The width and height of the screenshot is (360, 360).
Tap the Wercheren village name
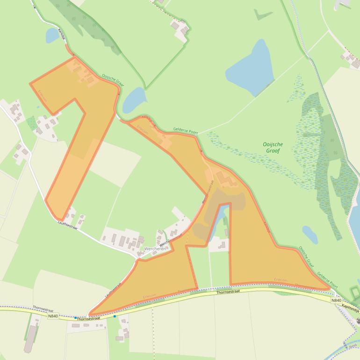[155, 249]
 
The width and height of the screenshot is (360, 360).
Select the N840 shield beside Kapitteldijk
[336, 300]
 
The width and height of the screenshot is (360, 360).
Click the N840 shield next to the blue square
[53, 316]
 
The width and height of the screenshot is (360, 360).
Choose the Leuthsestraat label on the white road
[67, 224]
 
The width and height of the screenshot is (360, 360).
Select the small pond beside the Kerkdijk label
[52, 35]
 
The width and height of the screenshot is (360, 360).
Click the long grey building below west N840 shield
[30, 338]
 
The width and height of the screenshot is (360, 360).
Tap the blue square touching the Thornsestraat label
[75, 317]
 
